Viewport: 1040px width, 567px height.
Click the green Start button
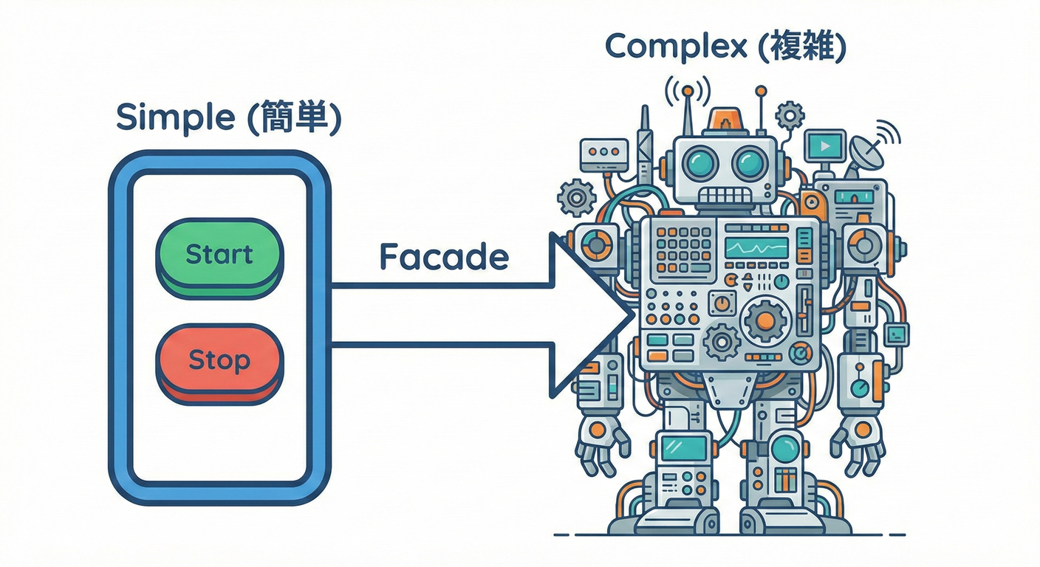[219, 255]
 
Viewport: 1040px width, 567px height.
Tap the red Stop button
[219, 361]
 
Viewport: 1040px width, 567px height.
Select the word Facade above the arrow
[444, 257]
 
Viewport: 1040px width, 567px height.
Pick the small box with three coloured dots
[603, 151]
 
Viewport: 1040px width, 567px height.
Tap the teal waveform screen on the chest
[756, 247]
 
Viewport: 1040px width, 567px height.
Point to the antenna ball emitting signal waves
[688, 91]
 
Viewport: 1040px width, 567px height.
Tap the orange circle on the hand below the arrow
[597, 429]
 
